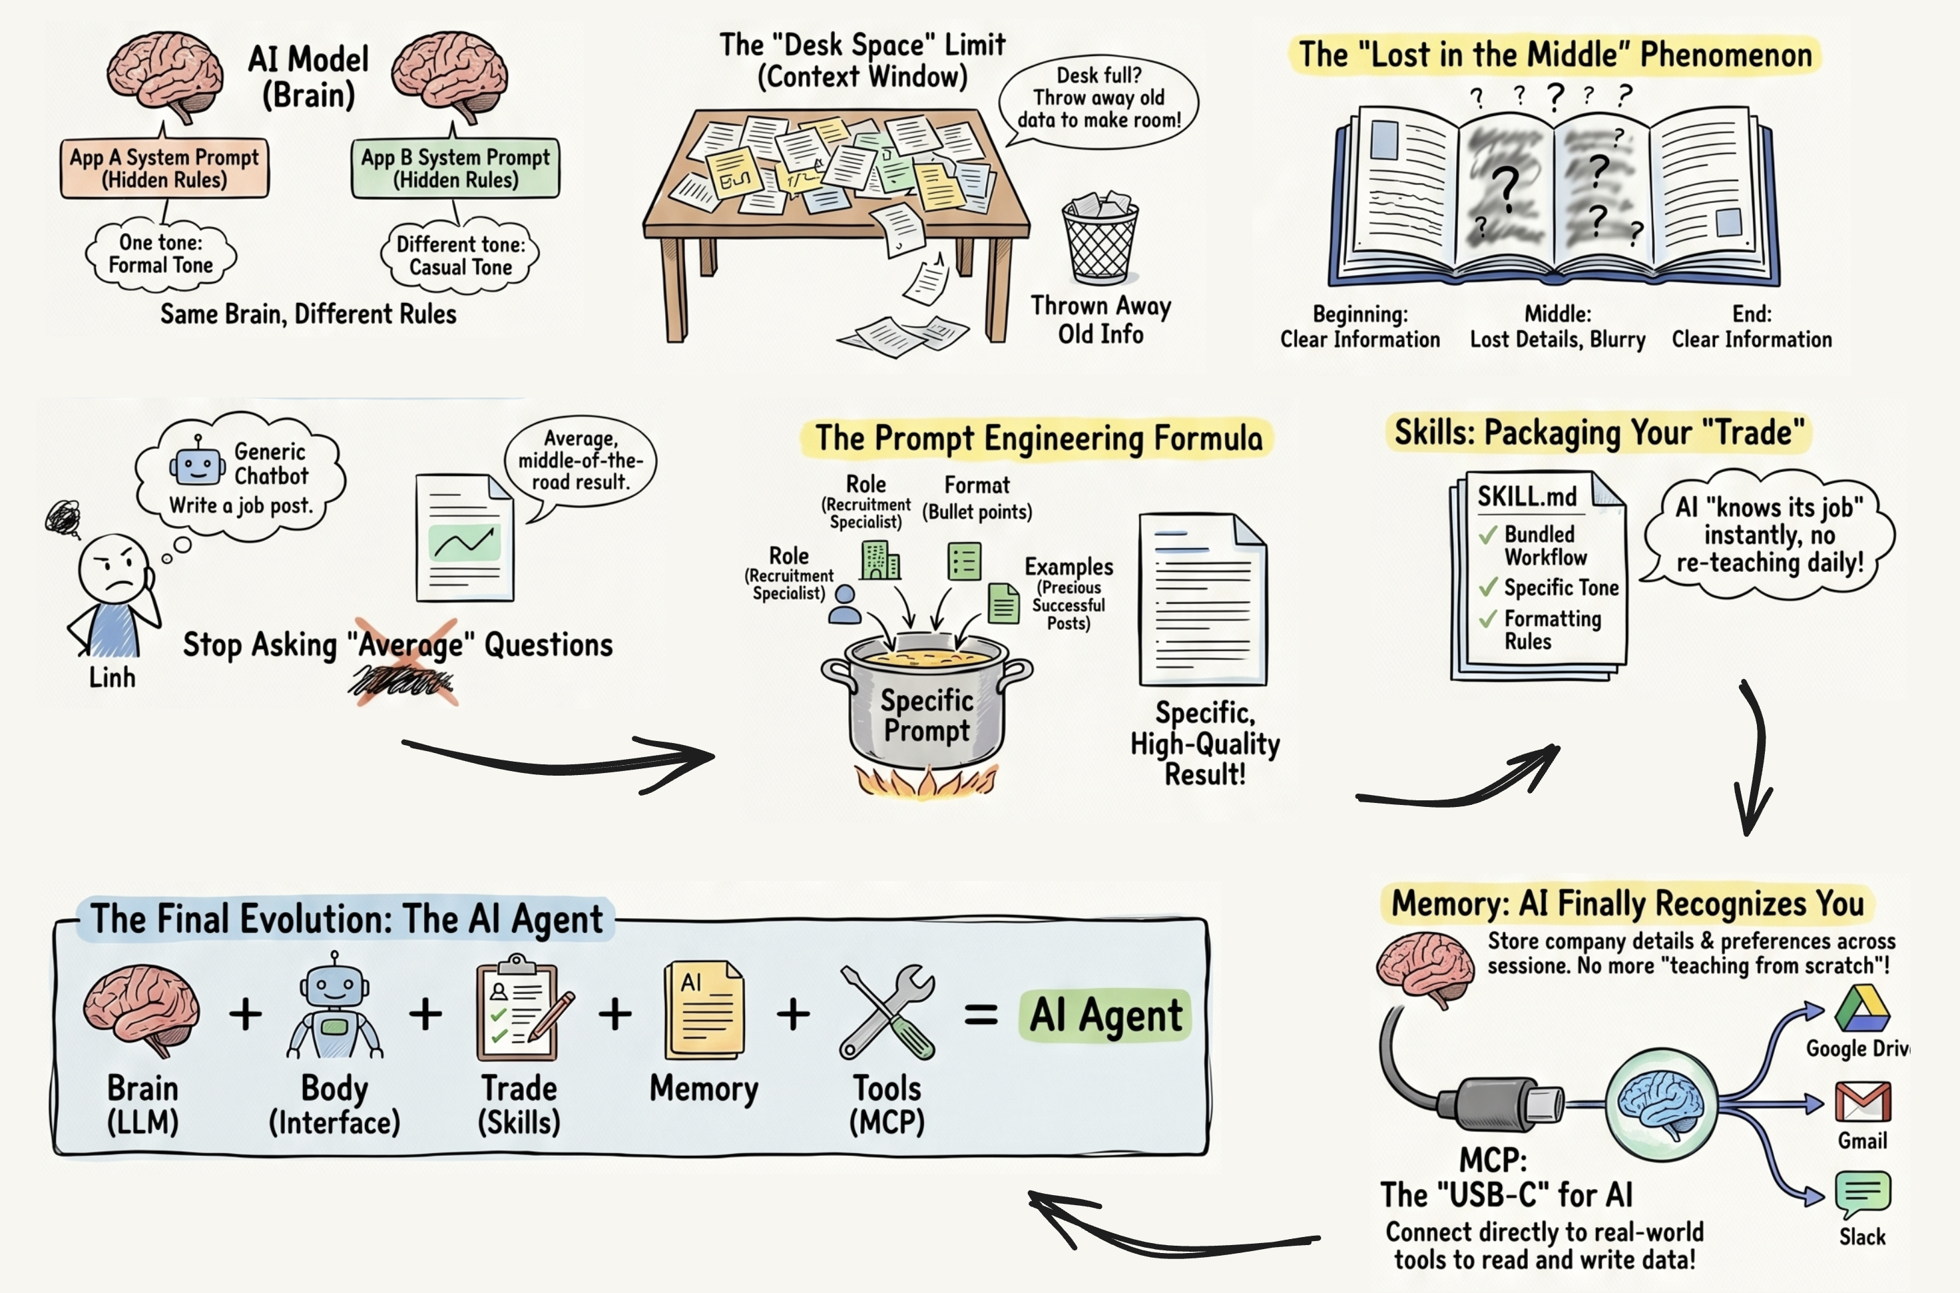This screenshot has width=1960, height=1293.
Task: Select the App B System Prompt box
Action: pos(456,168)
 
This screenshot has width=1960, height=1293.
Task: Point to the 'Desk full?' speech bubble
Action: pos(1099,99)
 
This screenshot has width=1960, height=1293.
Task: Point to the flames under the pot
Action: pos(926,782)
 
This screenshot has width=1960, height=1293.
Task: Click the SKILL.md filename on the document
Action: pos(1527,497)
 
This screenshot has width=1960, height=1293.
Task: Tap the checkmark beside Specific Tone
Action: pos(1487,587)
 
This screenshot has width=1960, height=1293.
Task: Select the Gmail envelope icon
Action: pos(1863,1103)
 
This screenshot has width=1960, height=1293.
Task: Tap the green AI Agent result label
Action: pos(1105,1015)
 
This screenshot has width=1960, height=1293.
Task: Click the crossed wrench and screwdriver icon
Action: pos(887,1012)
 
